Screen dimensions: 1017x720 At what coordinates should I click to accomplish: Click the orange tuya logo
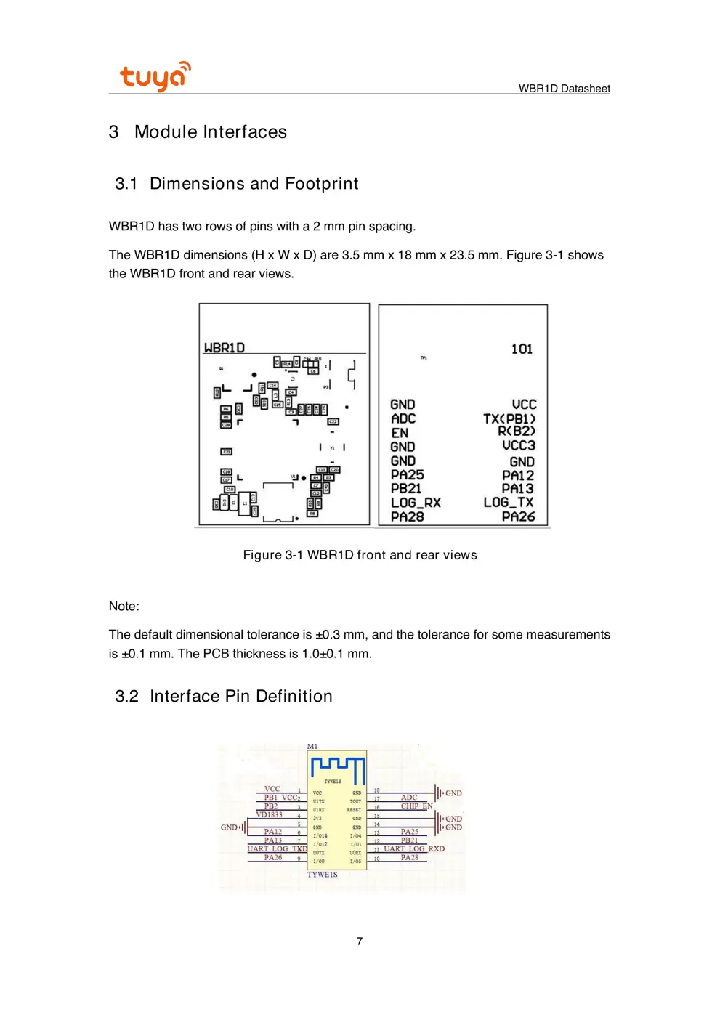click(155, 76)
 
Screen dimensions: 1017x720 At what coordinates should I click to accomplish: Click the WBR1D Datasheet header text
click(564, 89)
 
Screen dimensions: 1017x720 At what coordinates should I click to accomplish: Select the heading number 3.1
click(126, 184)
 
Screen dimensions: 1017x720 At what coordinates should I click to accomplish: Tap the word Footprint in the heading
click(321, 184)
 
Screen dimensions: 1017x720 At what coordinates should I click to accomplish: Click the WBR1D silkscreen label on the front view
click(225, 348)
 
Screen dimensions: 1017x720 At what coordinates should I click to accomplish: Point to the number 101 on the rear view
click(522, 349)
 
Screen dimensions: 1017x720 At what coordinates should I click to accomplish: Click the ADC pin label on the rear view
click(403, 419)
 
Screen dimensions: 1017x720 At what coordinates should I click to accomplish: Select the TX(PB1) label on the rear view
click(509, 419)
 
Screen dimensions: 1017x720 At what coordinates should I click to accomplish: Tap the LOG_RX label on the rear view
click(416, 503)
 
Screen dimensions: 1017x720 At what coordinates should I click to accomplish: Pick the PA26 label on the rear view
click(518, 516)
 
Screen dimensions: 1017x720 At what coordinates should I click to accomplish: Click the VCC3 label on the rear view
click(519, 446)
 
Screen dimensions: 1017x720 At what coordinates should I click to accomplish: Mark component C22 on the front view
click(333, 421)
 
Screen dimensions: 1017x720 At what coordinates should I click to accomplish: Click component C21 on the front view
click(226, 452)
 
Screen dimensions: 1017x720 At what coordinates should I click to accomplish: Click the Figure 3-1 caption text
click(360, 555)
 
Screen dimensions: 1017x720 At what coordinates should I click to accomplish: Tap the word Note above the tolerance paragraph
click(124, 607)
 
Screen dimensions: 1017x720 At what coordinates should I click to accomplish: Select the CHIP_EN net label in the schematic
click(416, 806)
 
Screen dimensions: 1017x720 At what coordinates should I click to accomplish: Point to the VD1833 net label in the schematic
click(269, 815)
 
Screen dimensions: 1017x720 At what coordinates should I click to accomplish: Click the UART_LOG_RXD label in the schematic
click(414, 848)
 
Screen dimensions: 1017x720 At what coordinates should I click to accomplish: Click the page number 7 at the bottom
click(360, 941)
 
